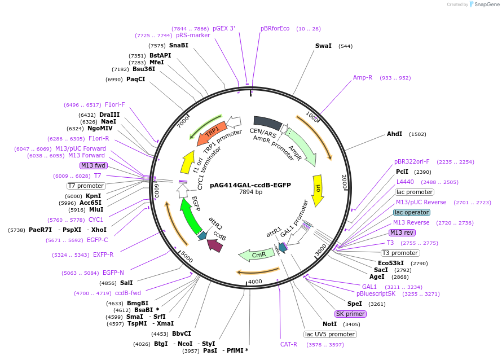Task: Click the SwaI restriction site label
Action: (323, 46)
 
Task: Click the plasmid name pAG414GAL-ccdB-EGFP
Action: (250, 185)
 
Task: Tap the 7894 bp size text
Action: (250, 192)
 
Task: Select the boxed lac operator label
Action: (411, 212)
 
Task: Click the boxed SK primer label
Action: (350, 314)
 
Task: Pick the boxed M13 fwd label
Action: (94, 165)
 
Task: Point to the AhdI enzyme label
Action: (394, 134)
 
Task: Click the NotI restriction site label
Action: (329, 324)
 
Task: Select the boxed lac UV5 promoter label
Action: (330, 334)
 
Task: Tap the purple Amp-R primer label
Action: (363, 77)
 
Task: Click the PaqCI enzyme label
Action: (135, 80)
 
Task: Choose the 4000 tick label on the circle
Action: (256, 282)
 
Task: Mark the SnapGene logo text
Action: (485, 5)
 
